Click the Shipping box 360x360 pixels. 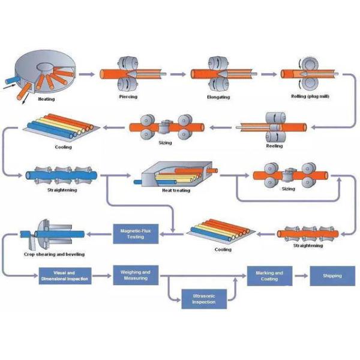(332, 276)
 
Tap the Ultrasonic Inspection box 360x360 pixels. (199, 298)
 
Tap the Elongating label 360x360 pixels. (218, 96)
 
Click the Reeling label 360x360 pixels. (274, 145)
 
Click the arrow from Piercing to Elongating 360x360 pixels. (178, 74)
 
